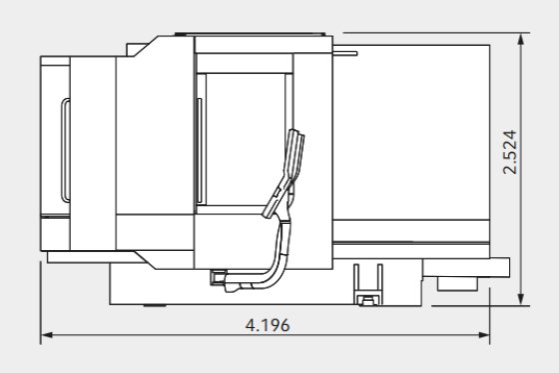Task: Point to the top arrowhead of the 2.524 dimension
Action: pyautogui.click(x=522, y=39)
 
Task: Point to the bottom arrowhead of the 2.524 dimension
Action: pyautogui.click(x=522, y=300)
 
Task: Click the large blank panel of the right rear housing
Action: pyautogui.click(x=414, y=140)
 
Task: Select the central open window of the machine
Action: pyautogui.click(x=245, y=140)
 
